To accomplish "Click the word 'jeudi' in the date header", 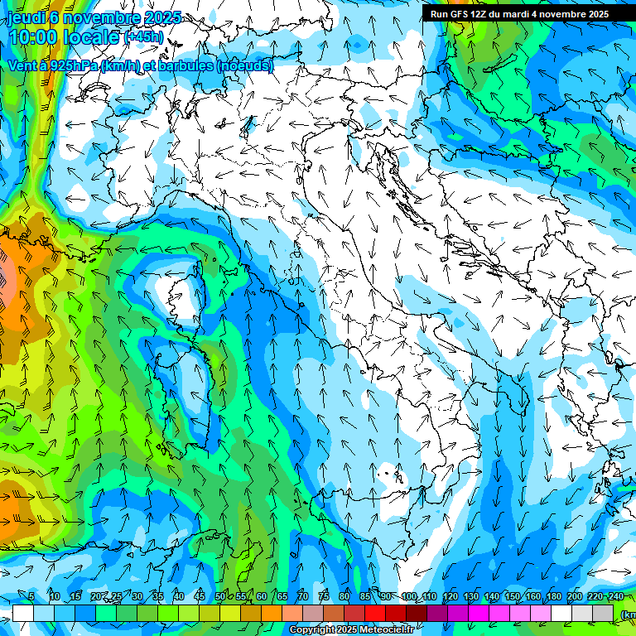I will click(x=24, y=17).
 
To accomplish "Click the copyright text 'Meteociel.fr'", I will click(x=383, y=630).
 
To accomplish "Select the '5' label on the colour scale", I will click(x=31, y=596).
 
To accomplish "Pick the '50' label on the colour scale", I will click(x=219, y=596).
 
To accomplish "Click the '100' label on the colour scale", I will click(x=408, y=596).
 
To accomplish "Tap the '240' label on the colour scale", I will click(x=615, y=596).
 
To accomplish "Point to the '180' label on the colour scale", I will click(x=553, y=596).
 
